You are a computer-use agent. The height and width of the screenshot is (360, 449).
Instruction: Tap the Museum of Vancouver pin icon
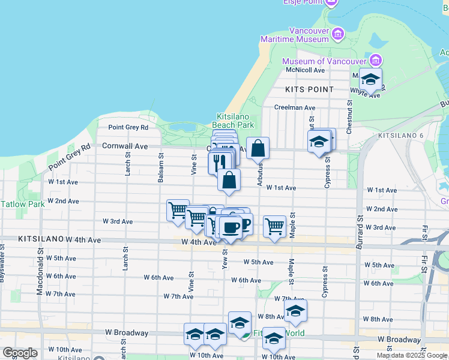[376, 61]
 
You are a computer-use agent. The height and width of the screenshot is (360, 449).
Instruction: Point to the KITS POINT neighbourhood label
[310, 89]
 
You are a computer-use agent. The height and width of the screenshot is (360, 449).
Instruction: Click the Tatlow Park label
[22, 204]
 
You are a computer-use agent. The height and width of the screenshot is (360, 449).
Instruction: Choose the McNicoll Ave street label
[306, 70]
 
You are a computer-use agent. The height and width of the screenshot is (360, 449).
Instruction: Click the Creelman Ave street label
[294, 108]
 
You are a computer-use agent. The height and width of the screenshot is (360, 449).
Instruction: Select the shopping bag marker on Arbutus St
[258, 148]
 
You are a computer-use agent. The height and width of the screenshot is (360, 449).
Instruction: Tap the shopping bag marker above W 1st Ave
[229, 179]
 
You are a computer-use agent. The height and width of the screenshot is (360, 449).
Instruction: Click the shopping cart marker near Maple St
[274, 226]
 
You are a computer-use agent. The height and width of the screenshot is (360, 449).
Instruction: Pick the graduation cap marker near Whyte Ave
[371, 80]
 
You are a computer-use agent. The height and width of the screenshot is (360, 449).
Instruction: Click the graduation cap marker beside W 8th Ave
[295, 311]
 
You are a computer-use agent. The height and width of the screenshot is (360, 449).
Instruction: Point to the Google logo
[20, 353]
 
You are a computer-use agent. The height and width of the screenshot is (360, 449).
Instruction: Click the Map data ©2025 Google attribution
[412, 355]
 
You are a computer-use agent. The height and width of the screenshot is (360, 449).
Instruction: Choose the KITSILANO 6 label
[400, 136]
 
